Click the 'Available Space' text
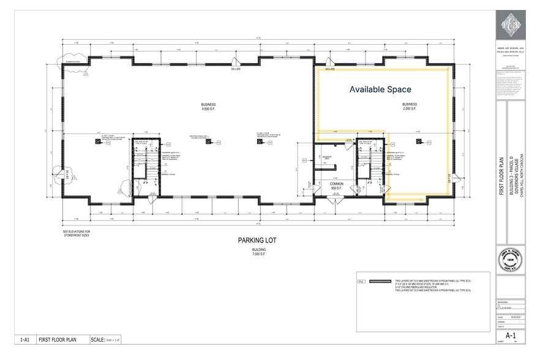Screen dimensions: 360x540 tap(381, 89)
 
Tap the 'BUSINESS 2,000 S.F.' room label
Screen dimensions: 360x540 tap(410, 107)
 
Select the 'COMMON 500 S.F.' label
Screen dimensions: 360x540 tap(336, 186)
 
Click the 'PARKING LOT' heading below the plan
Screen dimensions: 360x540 tap(257, 240)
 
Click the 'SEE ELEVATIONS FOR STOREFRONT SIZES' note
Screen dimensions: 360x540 tap(77, 233)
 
